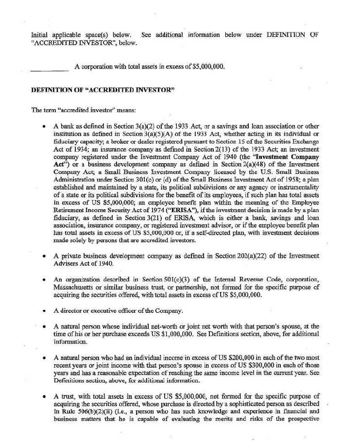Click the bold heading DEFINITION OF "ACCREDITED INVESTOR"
click(103, 90)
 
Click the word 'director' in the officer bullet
click(72, 311)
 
